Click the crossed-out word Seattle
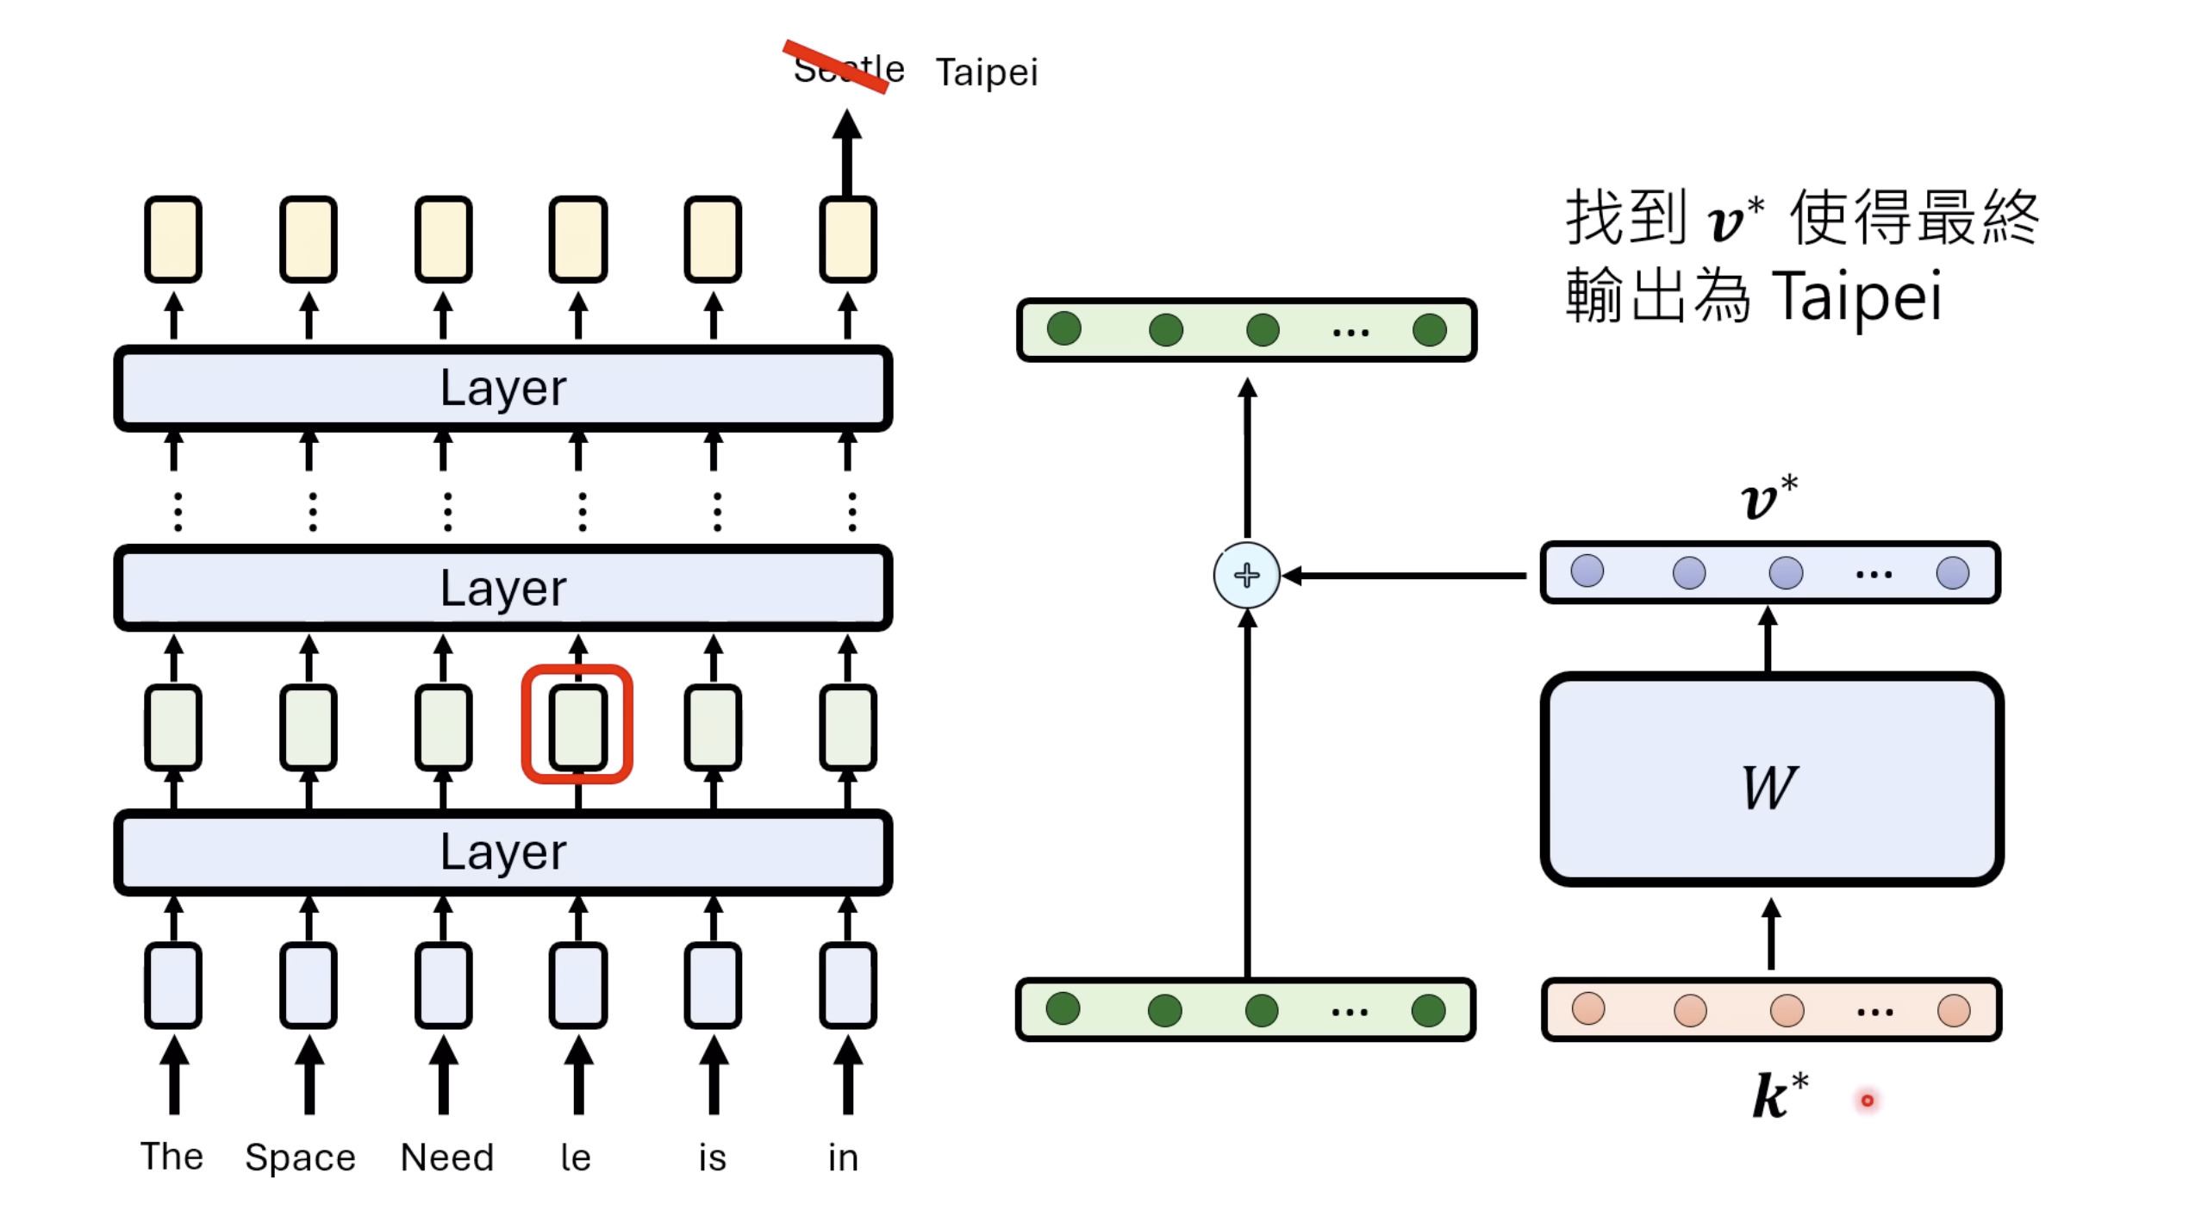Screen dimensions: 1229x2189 pos(848,69)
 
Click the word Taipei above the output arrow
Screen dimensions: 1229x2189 pos(987,72)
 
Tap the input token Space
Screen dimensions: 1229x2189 pos(300,1157)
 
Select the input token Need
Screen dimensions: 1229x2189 pos(447,1157)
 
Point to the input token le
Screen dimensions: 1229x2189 pos(576,1157)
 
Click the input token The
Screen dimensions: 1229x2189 pos(172,1157)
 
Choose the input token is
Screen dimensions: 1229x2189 pos(713,1157)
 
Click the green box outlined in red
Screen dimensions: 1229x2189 pos(577,725)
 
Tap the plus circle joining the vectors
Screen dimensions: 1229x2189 pos(1246,575)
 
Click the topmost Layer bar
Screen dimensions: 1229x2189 pos(503,388)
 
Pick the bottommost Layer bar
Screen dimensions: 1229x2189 pos(503,852)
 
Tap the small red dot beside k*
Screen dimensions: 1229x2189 pos(1867,1101)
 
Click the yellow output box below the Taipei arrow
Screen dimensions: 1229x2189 pos(848,240)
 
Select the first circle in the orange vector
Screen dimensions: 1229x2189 pos(1588,1008)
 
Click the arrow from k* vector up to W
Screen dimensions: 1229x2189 pos(1770,934)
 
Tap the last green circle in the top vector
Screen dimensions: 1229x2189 pos(1429,329)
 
